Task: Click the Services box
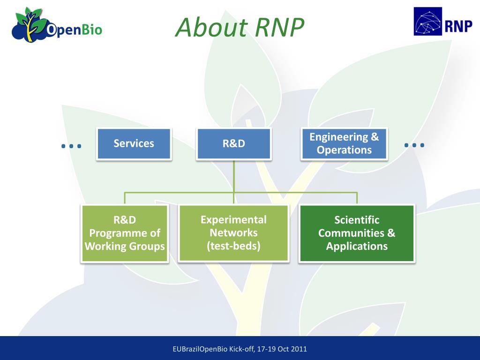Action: coord(134,144)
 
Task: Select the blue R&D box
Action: coord(234,144)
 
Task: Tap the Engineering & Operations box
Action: coord(344,144)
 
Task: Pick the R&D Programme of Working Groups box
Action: coord(125,233)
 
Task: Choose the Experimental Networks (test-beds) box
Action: coord(233,233)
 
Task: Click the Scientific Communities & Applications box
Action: coord(357,233)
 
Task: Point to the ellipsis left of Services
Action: coord(71,146)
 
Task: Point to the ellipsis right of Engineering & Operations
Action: coord(414,145)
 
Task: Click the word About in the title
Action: coord(212,27)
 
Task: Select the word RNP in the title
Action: coord(279,27)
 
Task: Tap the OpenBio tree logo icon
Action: coord(30,24)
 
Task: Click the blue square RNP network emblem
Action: coord(427,22)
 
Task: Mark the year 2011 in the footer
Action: coord(299,349)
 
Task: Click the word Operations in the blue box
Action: coord(344,150)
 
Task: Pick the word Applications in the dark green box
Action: coord(357,247)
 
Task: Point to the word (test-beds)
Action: coord(233,246)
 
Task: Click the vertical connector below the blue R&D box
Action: coord(234,182)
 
